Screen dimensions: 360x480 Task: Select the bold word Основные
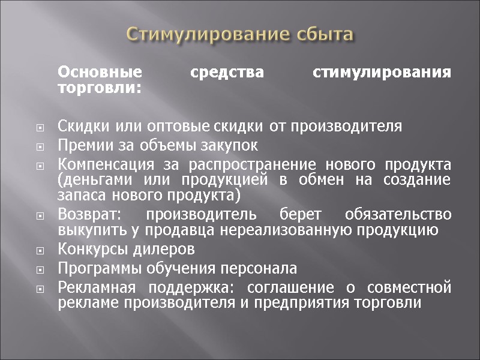[100, 73]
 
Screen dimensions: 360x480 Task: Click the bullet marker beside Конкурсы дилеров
[40, 250]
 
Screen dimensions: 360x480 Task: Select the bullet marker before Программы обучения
[40, 269]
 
